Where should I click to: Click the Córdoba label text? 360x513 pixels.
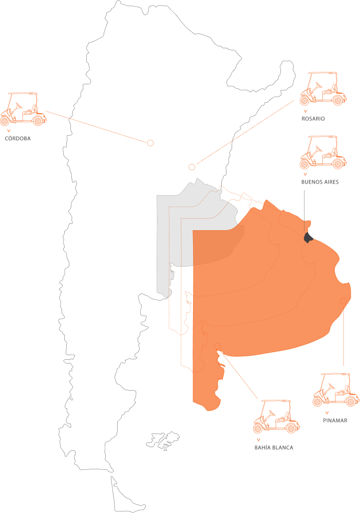tap(18, 138)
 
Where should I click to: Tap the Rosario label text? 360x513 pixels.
tap(313, 119)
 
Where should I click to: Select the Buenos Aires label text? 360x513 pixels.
tap(320, 182)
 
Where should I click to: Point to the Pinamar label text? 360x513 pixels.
tap(335, 420)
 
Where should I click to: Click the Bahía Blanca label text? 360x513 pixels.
tap(274, 448)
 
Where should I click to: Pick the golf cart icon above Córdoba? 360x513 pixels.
tap(24, 109)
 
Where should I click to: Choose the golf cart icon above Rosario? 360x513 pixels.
tap(321, 89)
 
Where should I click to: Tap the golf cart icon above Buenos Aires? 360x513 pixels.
tap(321, 153)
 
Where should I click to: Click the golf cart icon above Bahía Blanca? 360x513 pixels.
tap(276, 416)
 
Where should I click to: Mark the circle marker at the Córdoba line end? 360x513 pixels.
tap(150, 143)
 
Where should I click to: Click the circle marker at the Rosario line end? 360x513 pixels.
tap(192, 167)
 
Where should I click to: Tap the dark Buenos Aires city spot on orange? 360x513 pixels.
tap(309, 237)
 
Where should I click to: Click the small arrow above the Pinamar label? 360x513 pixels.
tap(327, 413)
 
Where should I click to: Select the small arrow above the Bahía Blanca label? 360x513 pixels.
tap(258, 440)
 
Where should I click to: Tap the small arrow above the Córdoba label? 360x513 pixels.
tap(9, 131)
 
